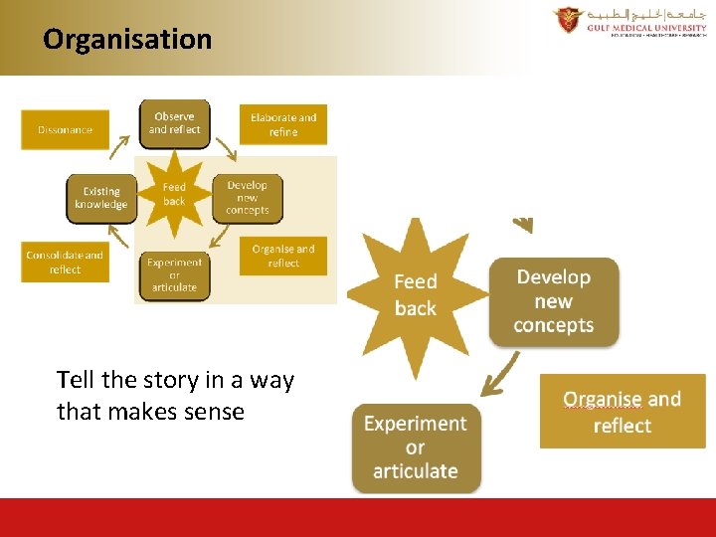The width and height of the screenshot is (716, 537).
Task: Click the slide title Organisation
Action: pyautogui.click(x=127, y=39)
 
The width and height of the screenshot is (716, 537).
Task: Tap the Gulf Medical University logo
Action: pyautogui.click(x=629, y=21)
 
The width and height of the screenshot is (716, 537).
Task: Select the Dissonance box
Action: pyautogui.click(x=65, y=129)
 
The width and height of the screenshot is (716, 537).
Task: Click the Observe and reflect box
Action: pyautogui.click(x=174, y=123)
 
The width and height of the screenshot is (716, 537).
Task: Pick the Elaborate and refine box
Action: pyautogui.click(x=283, y=124)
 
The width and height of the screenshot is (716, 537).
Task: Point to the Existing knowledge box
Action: pyautogui.click(x=100, y=198)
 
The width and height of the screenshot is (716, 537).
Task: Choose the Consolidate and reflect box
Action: pyautogui.click(x=65, y=263)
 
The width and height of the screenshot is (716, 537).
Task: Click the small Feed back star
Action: pyautogui.click(x=174, y=194)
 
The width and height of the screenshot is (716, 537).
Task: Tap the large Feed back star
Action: pyautogui.click(x=415, y=294)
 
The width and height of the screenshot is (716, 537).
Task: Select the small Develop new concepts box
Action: pyautogui.click(x=248, y=198)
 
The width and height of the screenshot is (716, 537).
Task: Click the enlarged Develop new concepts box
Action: pyautogui.click(x=554, y=301)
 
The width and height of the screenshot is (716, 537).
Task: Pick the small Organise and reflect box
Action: pyautogui.click(x=283, y=256)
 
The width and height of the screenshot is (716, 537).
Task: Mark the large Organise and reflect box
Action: pyautogui.click(x=623, y=412)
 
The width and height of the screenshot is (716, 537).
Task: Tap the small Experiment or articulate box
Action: pyautogui.click(x=174, y=274)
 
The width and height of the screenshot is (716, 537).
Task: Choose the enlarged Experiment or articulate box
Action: pyautogui.click(x=416, y=447)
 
